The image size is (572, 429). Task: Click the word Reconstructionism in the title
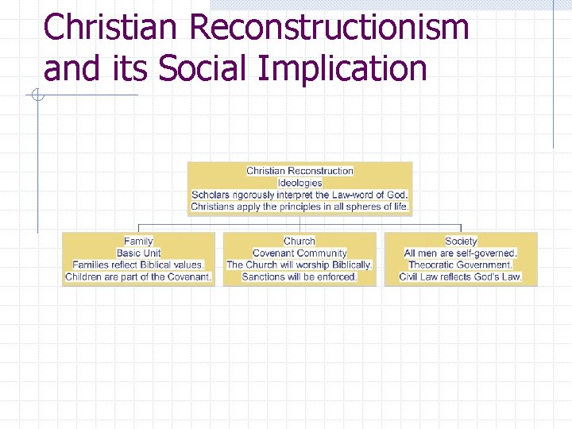pyautogui.click(x=330, y=29)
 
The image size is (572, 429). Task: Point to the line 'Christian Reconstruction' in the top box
pyautogui.click(x=300, y=171)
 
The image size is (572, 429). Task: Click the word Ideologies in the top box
pyautogui.click(x=300, y=183)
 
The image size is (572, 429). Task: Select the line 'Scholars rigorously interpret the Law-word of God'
pyautogui.click(x=300, y=195)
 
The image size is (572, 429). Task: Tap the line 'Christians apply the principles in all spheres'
pyautogui.click(x=300, y=207)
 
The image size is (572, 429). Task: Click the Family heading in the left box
pyautogui.click(x=138, y=242)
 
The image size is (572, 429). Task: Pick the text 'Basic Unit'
pyautogui.click(x=138, y=253)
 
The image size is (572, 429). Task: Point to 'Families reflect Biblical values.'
pyautogui.click(x=138, y=265)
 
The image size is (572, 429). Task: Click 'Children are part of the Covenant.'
pyautogui.click(x=138, y=276)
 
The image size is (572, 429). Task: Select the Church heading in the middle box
pyautogui.click(x=300, y=242)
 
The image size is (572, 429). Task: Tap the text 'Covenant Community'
pyautogui.click(x=300, y=253)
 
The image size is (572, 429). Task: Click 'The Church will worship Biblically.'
pyautogui.click(x=300, y=265)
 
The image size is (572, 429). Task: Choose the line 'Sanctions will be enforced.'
pyautogui.click(x=300, y=276)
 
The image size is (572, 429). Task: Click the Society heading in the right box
pyautogui.click(x=461, y=242)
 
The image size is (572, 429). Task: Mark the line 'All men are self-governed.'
pyautogui.click(x=461, y=253)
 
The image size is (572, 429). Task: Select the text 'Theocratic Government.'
pyautogui.click(x=461, y=265)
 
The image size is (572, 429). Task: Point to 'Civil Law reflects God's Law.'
pyautogui.click(x=461, y=276)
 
